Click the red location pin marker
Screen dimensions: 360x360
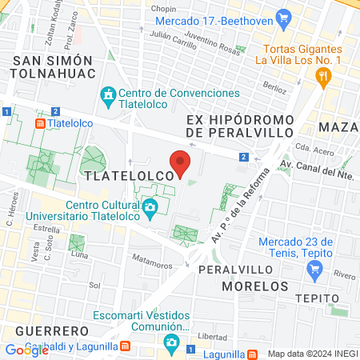pyautogui.click(x=181, y=162)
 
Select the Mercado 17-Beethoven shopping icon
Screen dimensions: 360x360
pyautogui.click(x=282, y=17)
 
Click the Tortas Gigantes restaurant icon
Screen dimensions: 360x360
pyautogui.click(x=323, y=77)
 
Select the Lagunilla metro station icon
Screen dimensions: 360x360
pyautogui.click(x=252, y=352)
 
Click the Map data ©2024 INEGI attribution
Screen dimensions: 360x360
pyautogui.click(x=310, y=353)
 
